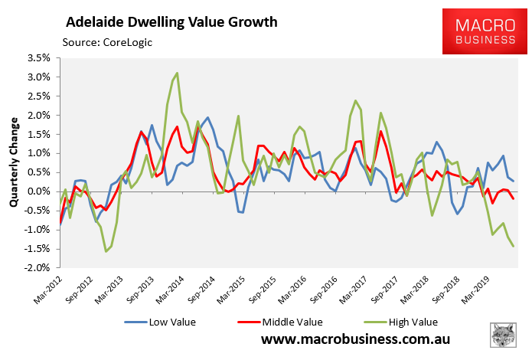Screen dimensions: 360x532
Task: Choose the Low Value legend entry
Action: tap(168, 322)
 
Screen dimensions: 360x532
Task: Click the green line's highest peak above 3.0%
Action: tap(178, 74)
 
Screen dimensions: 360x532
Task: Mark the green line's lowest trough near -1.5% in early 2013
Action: tap(106, 251)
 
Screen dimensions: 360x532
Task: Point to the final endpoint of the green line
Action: tap(513, 246)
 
